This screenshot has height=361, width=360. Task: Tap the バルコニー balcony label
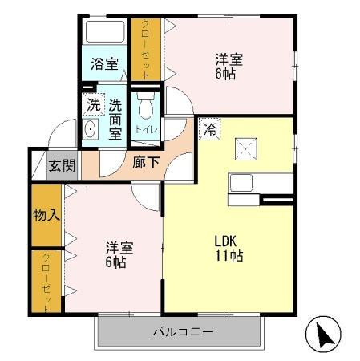point(182,331)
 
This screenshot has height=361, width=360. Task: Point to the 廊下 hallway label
point(147,161)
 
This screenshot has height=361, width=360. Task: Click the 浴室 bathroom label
point(103,63)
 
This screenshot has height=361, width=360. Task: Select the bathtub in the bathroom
point(103,34)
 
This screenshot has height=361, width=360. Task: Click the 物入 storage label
point(46,217)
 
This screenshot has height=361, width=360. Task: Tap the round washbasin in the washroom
point(91,130)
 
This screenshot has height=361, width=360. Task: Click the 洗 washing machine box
point(94,103)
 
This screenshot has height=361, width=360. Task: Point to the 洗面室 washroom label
point(115,118)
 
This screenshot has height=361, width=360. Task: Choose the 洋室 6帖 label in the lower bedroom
point(116,254)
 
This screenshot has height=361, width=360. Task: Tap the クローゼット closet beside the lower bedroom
point(47,282)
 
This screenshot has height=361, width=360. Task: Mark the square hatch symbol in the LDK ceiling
point(245,148)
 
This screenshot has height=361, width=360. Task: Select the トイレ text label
point(146,129)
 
